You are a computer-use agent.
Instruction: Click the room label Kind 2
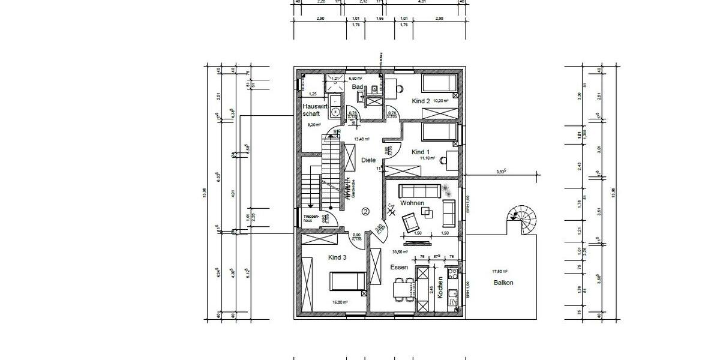pyautogui.click(x=421, y=101)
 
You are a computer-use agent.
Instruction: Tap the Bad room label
pyautogui.click(x=358, y=87)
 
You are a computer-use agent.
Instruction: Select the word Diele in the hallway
pyautogui.click(x=368, y=160)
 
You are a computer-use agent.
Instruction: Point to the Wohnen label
pyautogui.click(x=412, y=203)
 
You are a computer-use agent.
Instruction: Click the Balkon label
pyautogui.click(x=503, y=283)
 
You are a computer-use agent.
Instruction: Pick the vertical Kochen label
pyautogui.click(x=440, y=288)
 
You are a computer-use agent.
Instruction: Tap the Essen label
pyautogui.click(x=399, y=267)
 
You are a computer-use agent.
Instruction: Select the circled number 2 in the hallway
pyautogui.click(x=365, y=211)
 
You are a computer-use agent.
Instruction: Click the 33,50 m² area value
pyautogui.click(x=400, y=252)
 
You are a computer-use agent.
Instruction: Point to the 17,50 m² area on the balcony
pyautogui.click(x=500, y=271)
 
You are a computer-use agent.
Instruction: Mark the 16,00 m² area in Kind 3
pyautogui.click(x=340, y=302)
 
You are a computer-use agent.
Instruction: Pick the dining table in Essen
pyautogui.click(x=401, y=289)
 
